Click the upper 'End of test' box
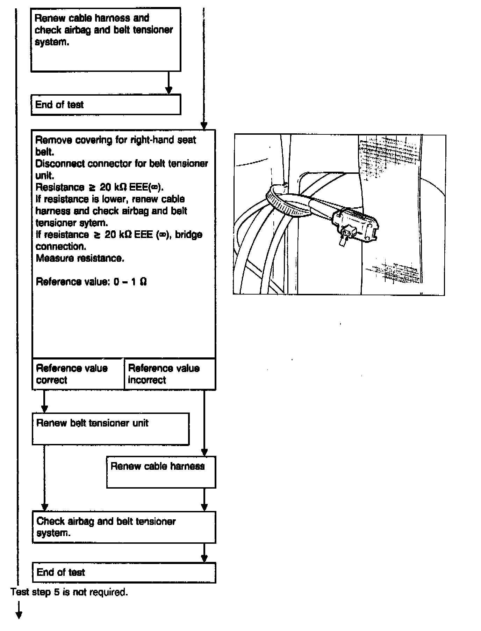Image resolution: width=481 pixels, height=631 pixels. (106, 105)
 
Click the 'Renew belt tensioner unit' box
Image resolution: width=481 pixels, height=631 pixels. (110, 429)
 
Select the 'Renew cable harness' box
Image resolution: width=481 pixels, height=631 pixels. (161, 472)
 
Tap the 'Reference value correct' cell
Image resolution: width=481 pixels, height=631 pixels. (78, 374)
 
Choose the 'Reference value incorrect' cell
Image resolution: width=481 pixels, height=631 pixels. (170, 374)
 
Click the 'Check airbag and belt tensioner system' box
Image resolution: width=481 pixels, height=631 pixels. (124, 527)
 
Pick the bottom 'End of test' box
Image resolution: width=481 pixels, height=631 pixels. (124, 572)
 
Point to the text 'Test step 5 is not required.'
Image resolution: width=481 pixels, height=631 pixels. (69, 592)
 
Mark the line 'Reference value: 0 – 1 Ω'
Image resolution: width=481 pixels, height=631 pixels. (91, 282)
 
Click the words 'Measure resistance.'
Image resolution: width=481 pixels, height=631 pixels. (80, 258)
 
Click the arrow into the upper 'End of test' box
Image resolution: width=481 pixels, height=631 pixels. (168, 90)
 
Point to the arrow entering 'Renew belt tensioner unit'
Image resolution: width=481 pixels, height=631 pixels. (44, 408)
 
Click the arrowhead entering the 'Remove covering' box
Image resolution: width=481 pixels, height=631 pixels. (204, 126)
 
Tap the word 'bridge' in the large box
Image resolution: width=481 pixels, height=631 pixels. (188, 235)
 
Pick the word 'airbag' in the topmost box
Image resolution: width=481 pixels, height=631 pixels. (78, 30)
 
